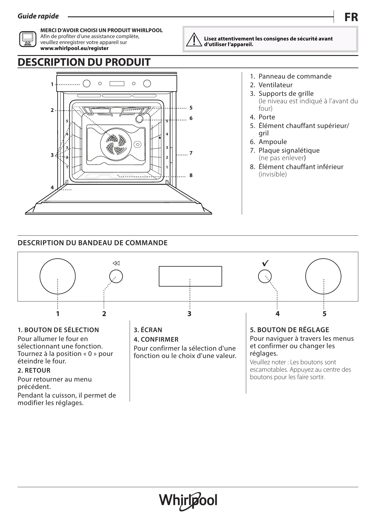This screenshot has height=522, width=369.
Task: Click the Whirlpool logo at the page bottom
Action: coord(188,501)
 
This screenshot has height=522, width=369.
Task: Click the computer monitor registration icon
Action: coord(28,39)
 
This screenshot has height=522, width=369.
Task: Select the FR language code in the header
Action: coord(351,17)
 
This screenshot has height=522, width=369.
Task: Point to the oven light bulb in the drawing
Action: coord(139,119)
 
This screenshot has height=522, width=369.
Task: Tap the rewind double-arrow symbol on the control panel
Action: coord(116,263)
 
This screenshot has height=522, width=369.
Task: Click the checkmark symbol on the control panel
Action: coord(265,263)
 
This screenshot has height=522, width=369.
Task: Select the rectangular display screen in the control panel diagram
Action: coord(190,276)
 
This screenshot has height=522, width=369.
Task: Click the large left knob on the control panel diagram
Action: coord(57,276)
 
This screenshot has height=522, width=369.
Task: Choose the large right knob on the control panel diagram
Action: coord(323,276)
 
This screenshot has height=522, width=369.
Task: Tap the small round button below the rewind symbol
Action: coord(116,276)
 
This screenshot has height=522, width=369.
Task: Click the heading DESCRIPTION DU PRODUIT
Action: coord(84,62)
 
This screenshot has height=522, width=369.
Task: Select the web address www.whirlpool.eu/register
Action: coord(74,48)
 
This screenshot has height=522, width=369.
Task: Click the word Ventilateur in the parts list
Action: coord(275,85)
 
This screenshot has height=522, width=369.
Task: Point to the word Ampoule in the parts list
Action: coord(273,142)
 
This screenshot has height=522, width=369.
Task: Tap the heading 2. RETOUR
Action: coord(34,370)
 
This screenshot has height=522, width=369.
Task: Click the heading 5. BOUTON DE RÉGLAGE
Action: coord(289,330)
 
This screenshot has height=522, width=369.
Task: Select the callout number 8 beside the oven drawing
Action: coord(191,175)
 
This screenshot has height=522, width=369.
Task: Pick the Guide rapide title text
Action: coord(38,16)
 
